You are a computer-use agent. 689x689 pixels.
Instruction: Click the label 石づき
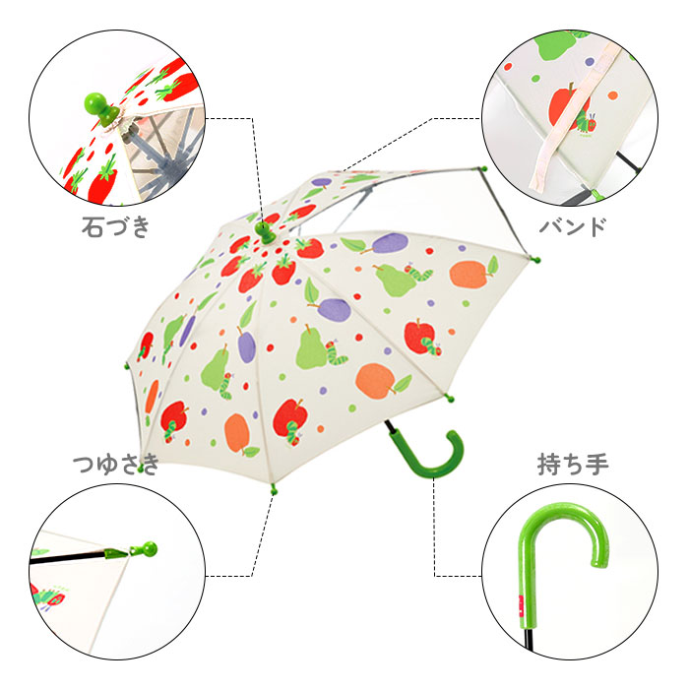(115, 226)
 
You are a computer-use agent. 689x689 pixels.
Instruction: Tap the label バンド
(573, 226)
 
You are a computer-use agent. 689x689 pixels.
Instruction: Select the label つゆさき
(116, 465)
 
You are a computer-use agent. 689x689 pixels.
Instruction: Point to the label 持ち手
(573, 465)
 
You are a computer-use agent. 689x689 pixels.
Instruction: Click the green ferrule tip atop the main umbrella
(266, 231)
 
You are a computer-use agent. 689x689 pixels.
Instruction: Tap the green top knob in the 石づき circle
(102, 108)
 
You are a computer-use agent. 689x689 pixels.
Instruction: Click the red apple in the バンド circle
(564, 106)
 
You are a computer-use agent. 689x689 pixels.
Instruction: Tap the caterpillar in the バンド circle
(586, 122)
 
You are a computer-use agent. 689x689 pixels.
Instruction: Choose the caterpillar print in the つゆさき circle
(48, 596)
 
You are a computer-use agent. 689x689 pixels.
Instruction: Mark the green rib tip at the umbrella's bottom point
(274, 489)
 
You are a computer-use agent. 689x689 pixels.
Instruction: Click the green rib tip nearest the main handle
(449, 399)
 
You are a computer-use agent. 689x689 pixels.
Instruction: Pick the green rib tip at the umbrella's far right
(534, 260)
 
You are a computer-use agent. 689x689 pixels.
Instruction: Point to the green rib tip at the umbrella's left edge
(127, 365)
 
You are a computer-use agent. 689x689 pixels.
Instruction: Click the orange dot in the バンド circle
(612, 95)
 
